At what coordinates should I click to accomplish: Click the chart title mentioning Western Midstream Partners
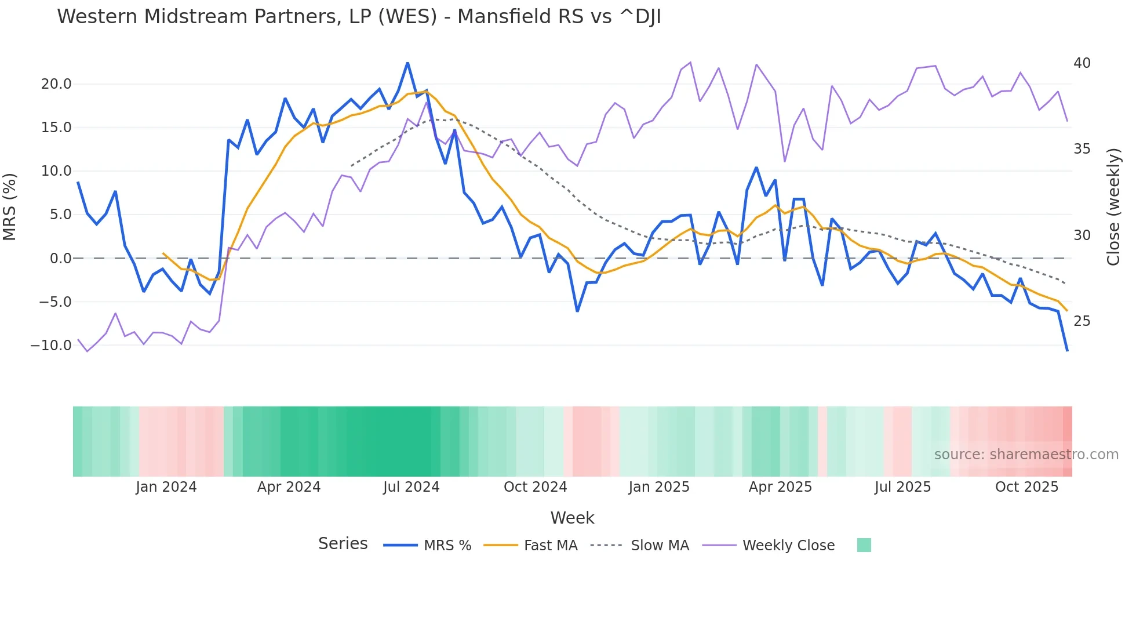coord(359,17)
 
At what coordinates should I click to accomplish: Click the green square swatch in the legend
coord(864,545)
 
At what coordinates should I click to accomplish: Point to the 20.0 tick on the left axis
coord(56,84)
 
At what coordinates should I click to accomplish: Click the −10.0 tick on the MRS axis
coord(51,346)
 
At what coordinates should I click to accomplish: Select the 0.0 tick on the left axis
coord(60,259)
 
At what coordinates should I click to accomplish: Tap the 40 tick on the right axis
coord(1082,63)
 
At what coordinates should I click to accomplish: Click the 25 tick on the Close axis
coord(1082,321)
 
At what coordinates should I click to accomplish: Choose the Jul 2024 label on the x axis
coord(411,487)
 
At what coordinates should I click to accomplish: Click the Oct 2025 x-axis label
coord(1026,487)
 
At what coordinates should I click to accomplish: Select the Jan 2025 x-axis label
coord(659,487)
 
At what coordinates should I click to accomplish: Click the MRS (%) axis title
coord(10,207)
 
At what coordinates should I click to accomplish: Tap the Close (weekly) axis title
coord(1113,207)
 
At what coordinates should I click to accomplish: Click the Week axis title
coord(572,518)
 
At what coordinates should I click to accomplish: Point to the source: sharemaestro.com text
coord(1026,455)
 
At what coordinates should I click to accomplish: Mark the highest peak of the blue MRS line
coord(407,63)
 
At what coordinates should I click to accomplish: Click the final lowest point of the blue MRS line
coord(1067,350)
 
